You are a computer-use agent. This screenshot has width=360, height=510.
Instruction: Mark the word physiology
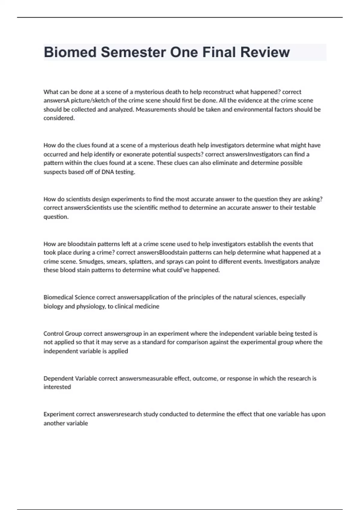92,306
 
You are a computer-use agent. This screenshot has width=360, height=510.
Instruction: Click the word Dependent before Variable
58,378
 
